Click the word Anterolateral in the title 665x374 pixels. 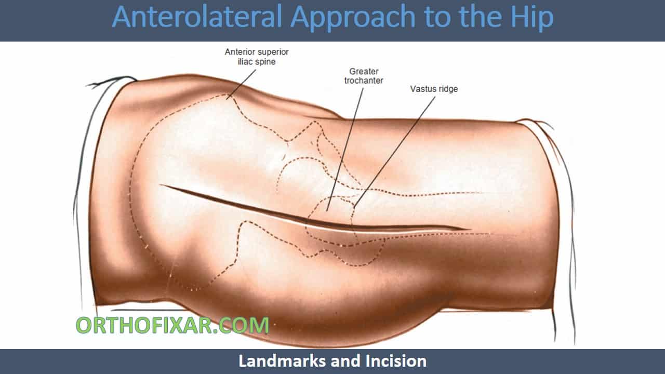pos(197,17)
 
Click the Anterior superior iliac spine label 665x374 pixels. pos(257,57)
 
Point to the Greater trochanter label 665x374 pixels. pos(364,76)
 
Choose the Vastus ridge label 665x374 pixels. pos(434,89)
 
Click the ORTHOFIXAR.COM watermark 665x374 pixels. pos(172,325)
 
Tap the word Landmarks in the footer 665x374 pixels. pos(283,361)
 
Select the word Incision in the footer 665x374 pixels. pos(396,361)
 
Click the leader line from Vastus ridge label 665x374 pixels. pos(394,152)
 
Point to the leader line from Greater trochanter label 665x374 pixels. pos(345,150)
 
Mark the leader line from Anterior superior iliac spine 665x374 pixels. pos(242,84)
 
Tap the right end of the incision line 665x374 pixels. pos(471,229)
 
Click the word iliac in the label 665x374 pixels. pos(245,62)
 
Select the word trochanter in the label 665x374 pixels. pos(364,81)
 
